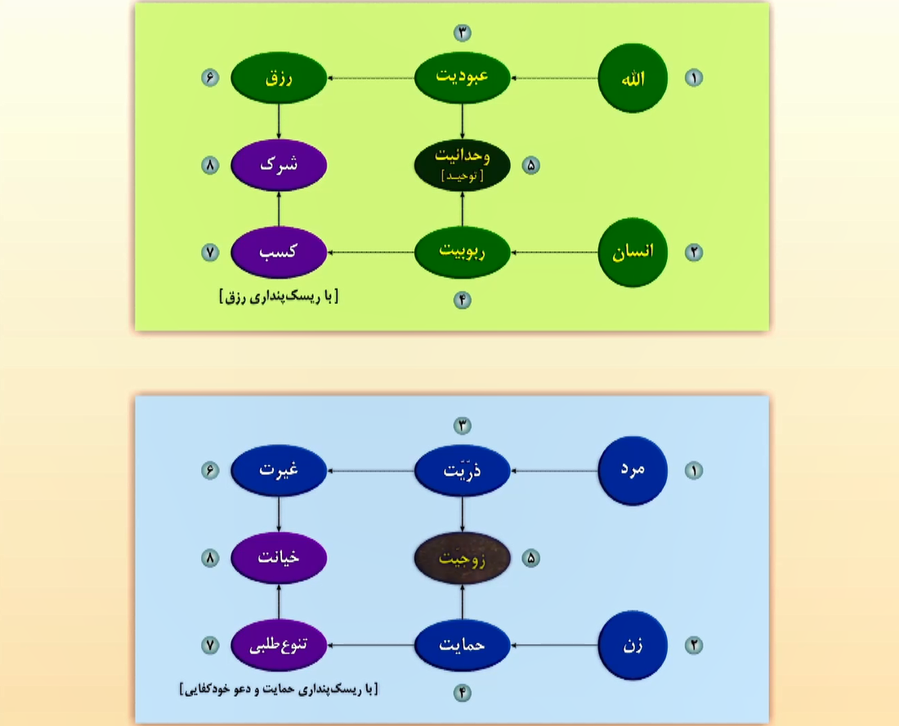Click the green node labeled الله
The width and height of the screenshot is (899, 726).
coord(633,78)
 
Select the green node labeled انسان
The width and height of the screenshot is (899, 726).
coord(633,252)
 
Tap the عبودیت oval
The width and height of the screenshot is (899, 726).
coord(463,78)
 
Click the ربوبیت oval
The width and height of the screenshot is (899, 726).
coord(463,252)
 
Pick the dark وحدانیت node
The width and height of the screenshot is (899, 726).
coord(463,164)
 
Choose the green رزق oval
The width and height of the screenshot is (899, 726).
coord(279,78)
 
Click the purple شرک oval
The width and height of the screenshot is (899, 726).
coord(279,164)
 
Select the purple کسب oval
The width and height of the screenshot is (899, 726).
coord(279,252)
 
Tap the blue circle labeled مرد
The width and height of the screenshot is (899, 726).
coord(633,470)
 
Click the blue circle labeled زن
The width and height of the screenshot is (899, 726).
coord(633,644)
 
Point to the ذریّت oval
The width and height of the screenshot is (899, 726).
coord(463,470)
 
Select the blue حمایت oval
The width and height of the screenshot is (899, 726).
coord(463,644)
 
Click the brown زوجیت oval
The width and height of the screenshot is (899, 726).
coord(463,559)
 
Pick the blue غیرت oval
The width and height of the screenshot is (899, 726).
coord(279,470)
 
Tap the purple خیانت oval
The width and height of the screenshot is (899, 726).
coord(279,559)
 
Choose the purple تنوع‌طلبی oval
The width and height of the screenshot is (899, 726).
coord(279,644)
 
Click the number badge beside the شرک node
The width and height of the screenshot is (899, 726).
coord(210,165)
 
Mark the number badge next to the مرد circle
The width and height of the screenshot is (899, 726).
coord(694,470)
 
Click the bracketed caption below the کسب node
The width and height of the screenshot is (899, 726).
coord(279,296)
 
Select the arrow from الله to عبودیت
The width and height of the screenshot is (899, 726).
coord(555,78)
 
